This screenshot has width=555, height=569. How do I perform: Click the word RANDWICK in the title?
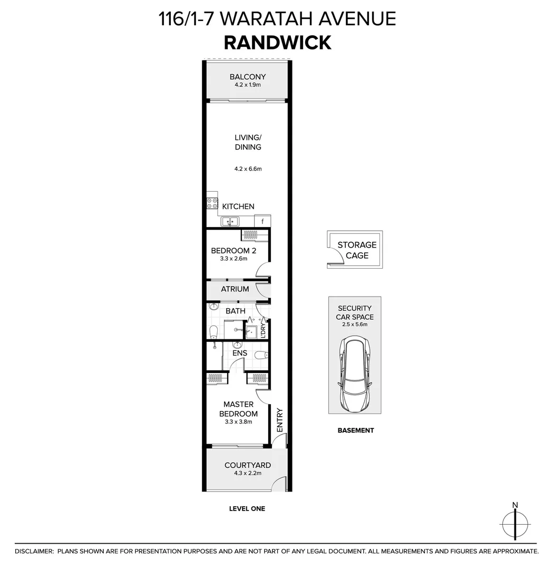coord(277,42)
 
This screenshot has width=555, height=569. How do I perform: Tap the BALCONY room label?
coord(248,77)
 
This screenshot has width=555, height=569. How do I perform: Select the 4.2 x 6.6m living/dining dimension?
coord(248,169)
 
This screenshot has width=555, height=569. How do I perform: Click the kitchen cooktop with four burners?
coord(212,203)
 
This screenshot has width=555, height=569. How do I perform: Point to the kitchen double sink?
coord(230,222)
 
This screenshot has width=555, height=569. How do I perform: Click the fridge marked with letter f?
coord(262,221)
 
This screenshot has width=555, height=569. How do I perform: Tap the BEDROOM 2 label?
coord(233,251)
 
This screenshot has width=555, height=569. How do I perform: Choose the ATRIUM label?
coord(235,289)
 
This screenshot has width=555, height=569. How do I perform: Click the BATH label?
coord(235,311)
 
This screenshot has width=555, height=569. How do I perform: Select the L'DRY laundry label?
coord(262,330)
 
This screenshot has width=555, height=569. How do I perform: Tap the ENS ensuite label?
coord(240,353)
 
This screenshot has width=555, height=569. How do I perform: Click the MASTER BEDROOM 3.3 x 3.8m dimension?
coord(239,421)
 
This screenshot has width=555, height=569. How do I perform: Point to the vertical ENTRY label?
coord(279,420)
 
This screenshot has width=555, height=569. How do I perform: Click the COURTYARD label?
coord(248,465)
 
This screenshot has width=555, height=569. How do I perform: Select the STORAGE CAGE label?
coord(357,250)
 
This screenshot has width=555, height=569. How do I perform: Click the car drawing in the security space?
coord(355,375)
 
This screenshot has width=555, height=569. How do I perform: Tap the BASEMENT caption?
coord(355,430)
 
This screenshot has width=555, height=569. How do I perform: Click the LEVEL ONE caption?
coord(247,508)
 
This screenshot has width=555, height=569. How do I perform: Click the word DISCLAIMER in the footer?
coord(34,551)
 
